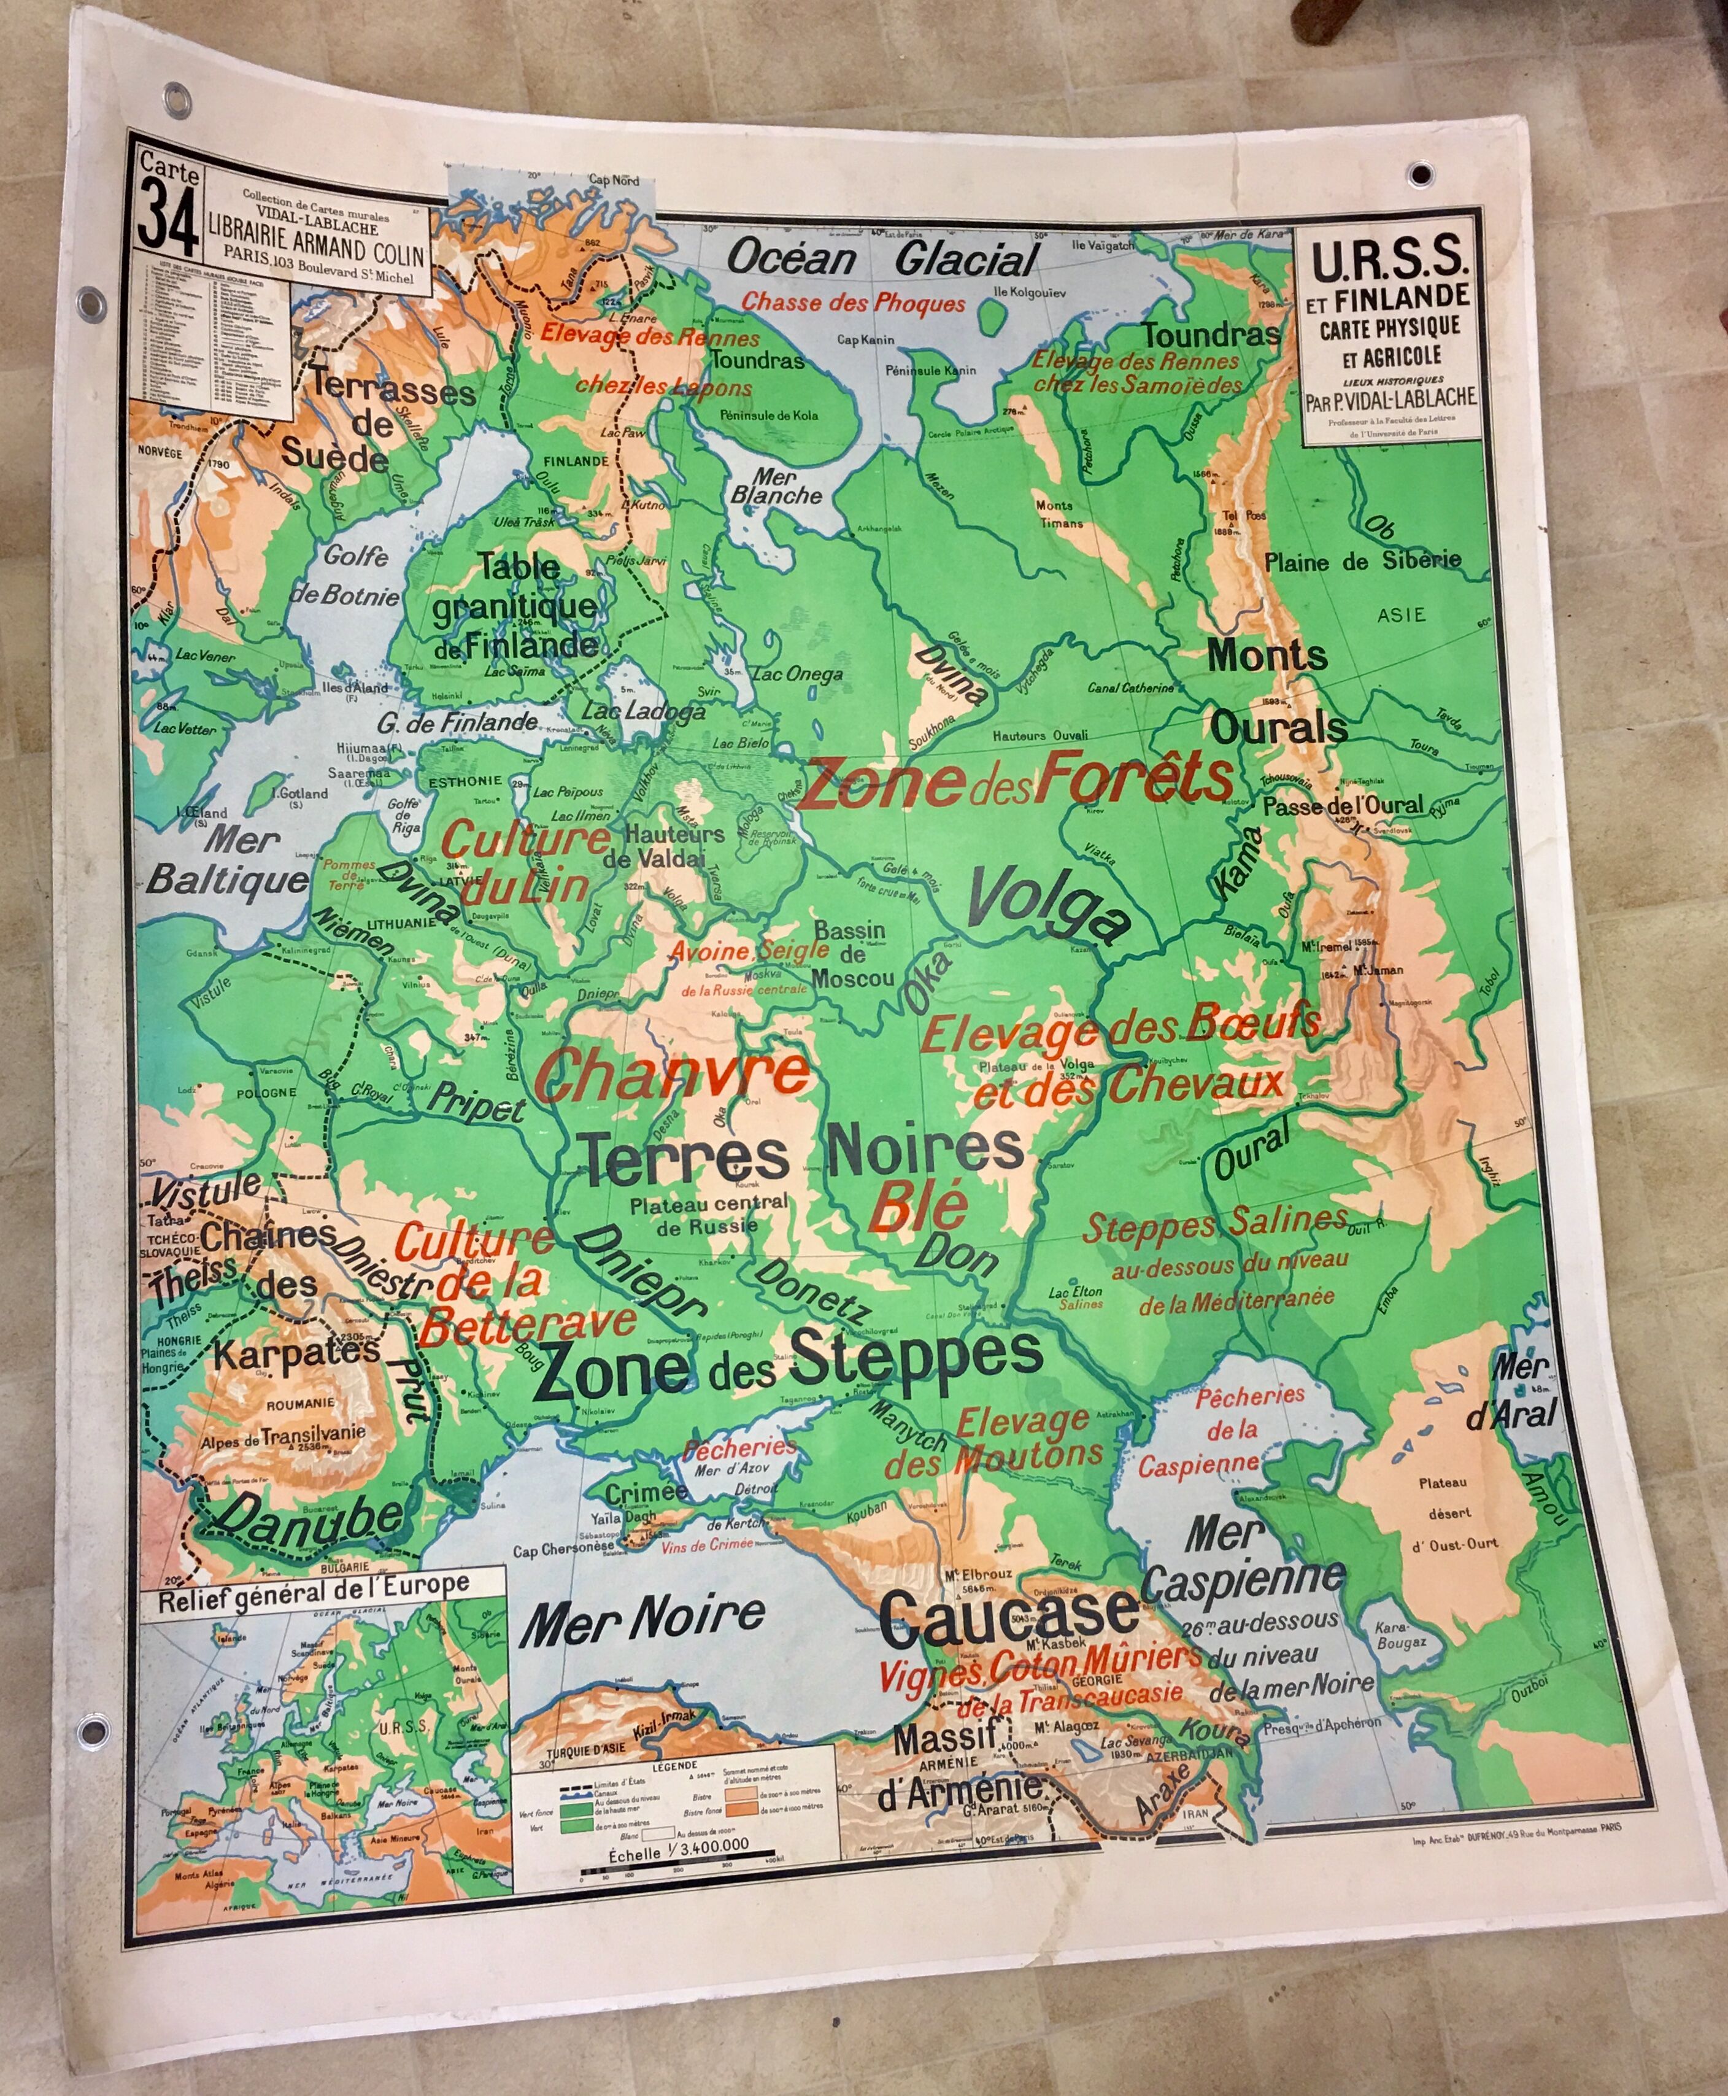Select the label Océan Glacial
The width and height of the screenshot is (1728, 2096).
click(882, 260)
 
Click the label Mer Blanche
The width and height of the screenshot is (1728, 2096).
click(776, 487)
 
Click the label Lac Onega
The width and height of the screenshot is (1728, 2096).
click(797, 674)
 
